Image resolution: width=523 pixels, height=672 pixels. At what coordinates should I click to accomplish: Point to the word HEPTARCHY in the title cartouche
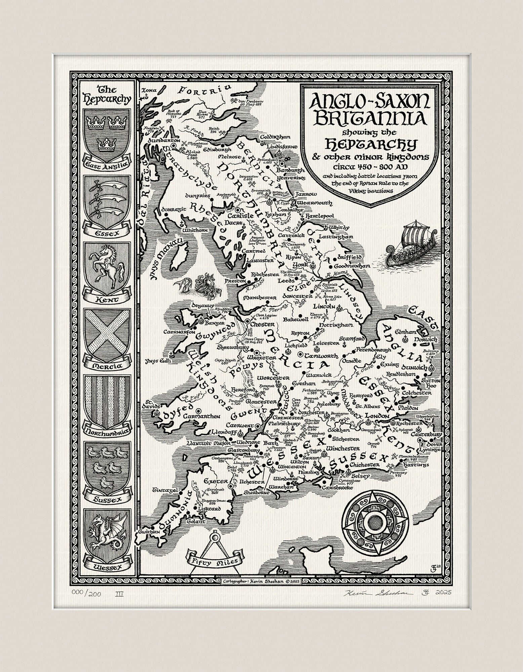coord(365,145)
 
